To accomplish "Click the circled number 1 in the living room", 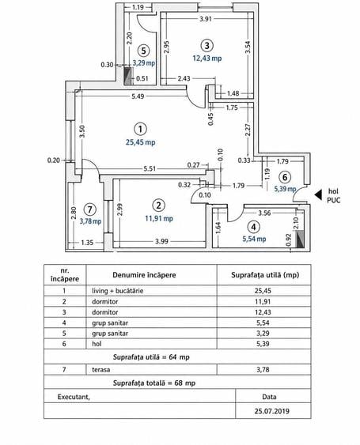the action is pos(140,130).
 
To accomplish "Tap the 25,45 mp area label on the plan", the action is pos(141,142).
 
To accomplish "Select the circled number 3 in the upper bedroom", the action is pos(207,45).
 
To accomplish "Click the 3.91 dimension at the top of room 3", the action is pos(206,19).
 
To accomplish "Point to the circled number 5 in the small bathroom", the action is pos(143,51).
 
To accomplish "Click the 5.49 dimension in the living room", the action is pos(138,96).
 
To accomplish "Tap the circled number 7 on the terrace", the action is pos(89,209).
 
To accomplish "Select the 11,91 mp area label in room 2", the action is pos(159,218).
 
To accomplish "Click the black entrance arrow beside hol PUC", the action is pos(318,194).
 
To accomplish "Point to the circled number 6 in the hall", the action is pos(285,177).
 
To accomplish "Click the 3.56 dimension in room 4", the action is pos(264,213).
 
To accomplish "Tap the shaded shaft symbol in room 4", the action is pos(300,239).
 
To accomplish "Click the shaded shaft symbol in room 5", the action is pos(128,76).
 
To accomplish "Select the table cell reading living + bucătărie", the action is pos(117,291).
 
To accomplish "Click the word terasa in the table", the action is pos(100,370).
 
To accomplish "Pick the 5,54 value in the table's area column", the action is pos(263,322).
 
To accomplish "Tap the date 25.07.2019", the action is pos(272,411).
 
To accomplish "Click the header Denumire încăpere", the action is pos(144,275).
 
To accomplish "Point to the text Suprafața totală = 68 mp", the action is pos(154,383).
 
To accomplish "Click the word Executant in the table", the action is pos(74,397).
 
